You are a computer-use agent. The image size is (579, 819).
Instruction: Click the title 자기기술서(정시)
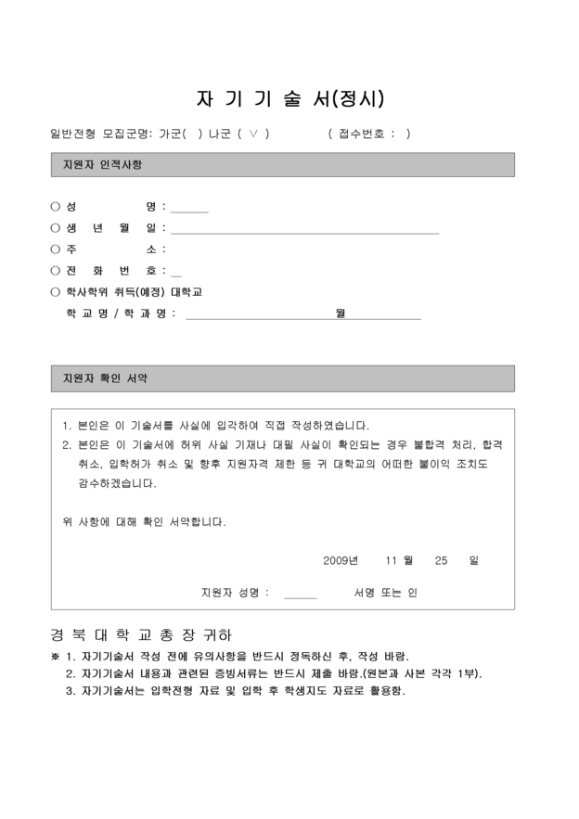pos(289,98)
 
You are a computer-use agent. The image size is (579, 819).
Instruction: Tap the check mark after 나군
pos(254,134)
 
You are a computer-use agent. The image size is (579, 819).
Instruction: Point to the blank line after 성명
pos(189,209)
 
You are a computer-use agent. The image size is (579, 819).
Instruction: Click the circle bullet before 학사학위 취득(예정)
pos(55,292)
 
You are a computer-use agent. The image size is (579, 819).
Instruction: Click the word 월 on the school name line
pos(341,314)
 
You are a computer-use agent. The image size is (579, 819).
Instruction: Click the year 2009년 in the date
pos(341,561)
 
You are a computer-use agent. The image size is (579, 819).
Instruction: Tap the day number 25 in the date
pos(441,561)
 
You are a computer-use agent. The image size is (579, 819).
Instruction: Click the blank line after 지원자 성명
pos(300,594)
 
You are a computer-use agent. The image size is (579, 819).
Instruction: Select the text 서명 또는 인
pos(386,593)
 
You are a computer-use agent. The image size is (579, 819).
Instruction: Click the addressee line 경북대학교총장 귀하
pos(141,635)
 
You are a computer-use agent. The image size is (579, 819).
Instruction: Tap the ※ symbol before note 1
pos(55,656)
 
